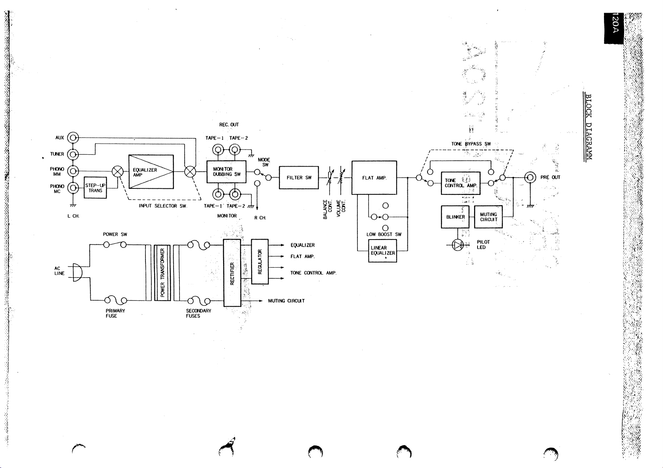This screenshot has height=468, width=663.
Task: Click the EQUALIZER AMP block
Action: pyautogui.click(x=151, y=172)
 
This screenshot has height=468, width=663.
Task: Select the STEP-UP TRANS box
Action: pyautogui.click(x=96, y=188)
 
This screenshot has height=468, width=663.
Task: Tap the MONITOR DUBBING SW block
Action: pyautogui.click(x=226, y=172)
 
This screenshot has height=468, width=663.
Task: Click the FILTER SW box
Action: pyautogui.click(x=299, y=178)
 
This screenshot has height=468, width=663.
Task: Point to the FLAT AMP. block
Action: pyautogui.click(x=374, y=178)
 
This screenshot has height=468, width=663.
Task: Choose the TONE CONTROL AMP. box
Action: pyautogui.click(x=460, y=183)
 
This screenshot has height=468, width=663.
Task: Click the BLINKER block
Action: pyautogui.click(x=455, y=217)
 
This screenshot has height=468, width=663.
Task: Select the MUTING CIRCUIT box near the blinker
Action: pyautogui.click(x=488, y=217)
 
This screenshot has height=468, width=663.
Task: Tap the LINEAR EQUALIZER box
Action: pyautogui.click(x=382, y=251)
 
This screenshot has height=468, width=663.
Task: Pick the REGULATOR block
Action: pyautogui.click(x=260, y=261)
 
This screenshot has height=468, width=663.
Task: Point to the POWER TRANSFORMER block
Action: pyautogui.click(x=162, y=273)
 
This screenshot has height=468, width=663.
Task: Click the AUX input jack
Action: pyautogui.click(x=73, y=138)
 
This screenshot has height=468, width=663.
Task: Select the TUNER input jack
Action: pyautogui.click(x=73, y=154)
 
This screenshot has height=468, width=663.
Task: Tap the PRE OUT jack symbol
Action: pyautogui.click(x=530, y=177)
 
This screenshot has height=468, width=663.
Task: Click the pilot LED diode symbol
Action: pyautogui.click(x=459, y=246)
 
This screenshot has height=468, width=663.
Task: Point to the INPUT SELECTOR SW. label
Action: pyautogui.click(x=162, y=206)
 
